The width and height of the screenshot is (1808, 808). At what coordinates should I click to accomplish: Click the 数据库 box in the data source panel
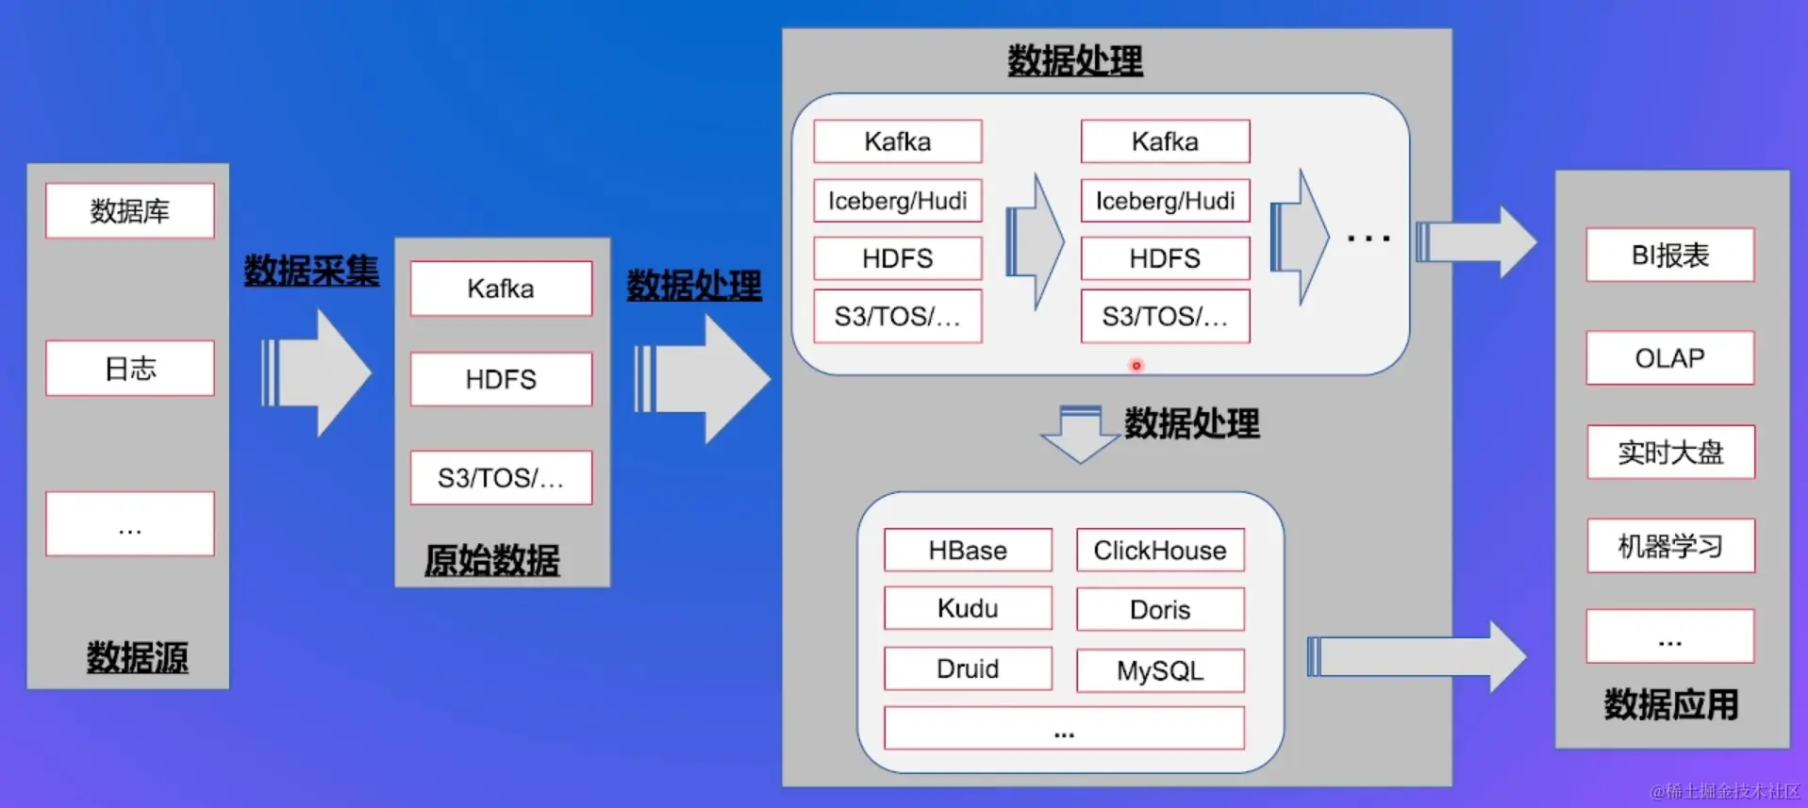129,210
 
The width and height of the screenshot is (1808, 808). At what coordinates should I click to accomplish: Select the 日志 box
129,368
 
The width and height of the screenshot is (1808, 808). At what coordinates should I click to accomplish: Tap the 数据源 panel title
137,657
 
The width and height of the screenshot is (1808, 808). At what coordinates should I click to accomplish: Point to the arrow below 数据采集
316,373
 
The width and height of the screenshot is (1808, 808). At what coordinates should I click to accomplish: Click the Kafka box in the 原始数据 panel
501,289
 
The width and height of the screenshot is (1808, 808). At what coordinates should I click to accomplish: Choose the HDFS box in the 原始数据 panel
501,379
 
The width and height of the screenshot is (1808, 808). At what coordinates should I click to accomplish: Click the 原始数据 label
491,560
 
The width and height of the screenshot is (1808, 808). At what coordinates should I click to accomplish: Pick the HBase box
968,551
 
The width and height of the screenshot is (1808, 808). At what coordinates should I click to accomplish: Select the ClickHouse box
1160,551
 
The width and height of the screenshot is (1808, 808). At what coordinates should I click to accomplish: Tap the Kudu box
968,609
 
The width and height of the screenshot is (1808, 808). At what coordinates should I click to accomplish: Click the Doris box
1160,610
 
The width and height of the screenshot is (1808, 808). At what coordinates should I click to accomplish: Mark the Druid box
968,668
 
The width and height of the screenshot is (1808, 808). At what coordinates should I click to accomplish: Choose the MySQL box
1160,670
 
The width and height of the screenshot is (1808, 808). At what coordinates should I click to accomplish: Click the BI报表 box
1669,255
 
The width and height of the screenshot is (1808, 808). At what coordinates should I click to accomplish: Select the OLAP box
1669,358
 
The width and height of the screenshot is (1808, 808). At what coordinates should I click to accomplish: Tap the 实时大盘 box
1670,453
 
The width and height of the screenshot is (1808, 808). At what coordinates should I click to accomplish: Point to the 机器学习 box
1670,546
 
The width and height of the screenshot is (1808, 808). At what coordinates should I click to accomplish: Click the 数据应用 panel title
1670,704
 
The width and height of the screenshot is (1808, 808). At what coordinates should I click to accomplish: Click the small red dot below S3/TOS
1136,366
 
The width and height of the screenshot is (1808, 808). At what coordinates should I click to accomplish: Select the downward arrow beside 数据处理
1080,434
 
